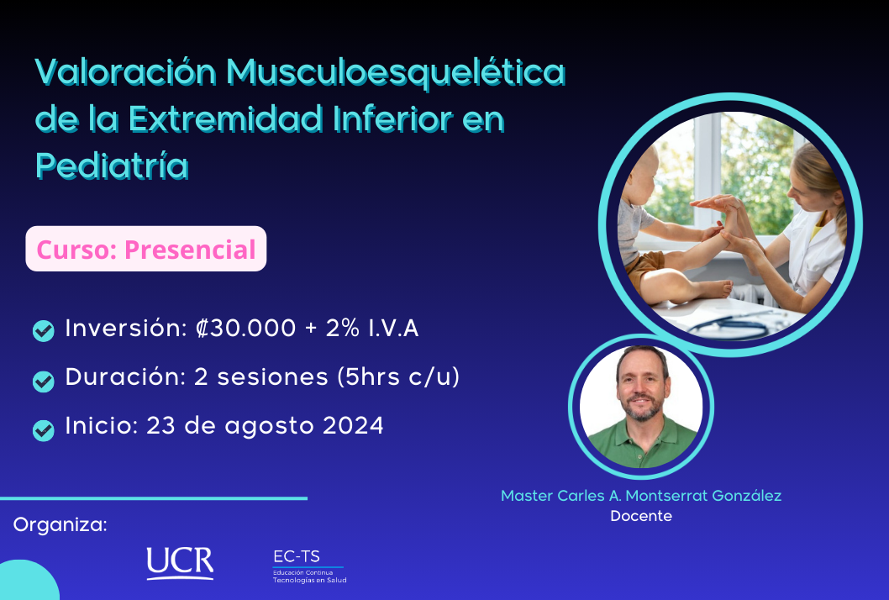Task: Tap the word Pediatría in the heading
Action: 112,166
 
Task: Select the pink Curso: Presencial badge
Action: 145,249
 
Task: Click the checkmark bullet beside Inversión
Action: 43,330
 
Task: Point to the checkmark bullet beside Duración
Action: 43,382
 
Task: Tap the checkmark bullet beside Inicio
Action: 43,430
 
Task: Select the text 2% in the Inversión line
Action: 343,329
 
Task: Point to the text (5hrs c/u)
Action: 398,377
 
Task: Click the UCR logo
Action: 181,563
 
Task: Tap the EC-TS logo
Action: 309,566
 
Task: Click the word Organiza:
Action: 60,524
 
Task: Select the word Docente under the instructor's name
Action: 641,515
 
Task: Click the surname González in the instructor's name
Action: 747,496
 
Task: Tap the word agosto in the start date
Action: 270,427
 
